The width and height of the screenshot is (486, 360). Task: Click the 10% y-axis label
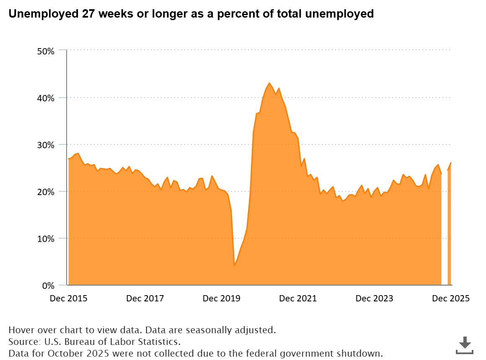46,239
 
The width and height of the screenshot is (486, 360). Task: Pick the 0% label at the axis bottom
49,286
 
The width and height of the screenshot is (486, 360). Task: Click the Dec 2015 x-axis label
68,298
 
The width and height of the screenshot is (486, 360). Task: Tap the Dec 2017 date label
145,298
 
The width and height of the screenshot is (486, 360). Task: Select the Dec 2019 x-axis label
221,298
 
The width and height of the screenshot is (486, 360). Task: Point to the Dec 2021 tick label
298,298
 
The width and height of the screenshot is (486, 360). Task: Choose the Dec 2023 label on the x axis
374,298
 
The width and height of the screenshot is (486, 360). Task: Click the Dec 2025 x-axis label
451,298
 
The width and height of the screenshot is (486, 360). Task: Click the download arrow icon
464,345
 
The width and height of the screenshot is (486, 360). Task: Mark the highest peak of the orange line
269,83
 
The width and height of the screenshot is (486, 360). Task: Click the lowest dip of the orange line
234,266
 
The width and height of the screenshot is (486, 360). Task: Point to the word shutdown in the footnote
363,353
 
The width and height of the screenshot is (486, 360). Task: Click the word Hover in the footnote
20,329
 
